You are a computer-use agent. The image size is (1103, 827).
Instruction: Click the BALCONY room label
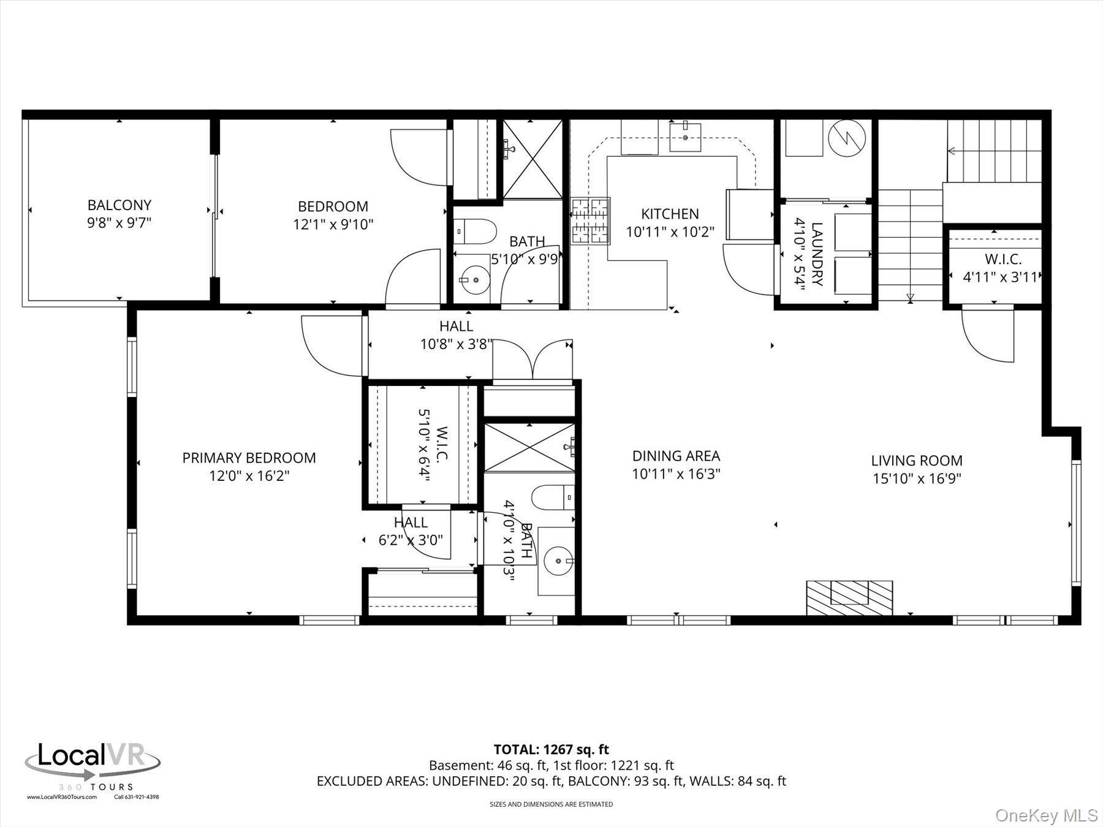[x=119, y=205]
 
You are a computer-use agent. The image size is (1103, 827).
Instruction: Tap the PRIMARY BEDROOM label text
[x=249, y=458]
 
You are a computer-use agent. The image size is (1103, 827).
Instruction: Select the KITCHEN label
[x=670, y=214]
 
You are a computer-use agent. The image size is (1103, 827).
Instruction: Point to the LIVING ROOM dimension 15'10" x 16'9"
[x=917, y=478]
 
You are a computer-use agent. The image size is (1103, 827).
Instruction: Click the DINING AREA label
[x=676, y=456]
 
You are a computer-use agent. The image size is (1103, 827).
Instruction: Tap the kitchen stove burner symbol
[x=591, y=221]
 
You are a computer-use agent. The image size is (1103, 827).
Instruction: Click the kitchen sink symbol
[x=685, y=136]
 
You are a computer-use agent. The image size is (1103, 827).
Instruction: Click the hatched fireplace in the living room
[x=849, y=598]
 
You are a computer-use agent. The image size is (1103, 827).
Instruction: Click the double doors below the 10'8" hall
[x=533, y=360]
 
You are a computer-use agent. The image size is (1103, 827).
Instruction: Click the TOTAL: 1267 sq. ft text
[x=551, y=749]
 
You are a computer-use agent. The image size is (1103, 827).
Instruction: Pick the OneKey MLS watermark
[x=1047, y=815]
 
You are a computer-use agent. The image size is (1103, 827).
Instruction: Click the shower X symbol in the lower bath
[x=529, y=448]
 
